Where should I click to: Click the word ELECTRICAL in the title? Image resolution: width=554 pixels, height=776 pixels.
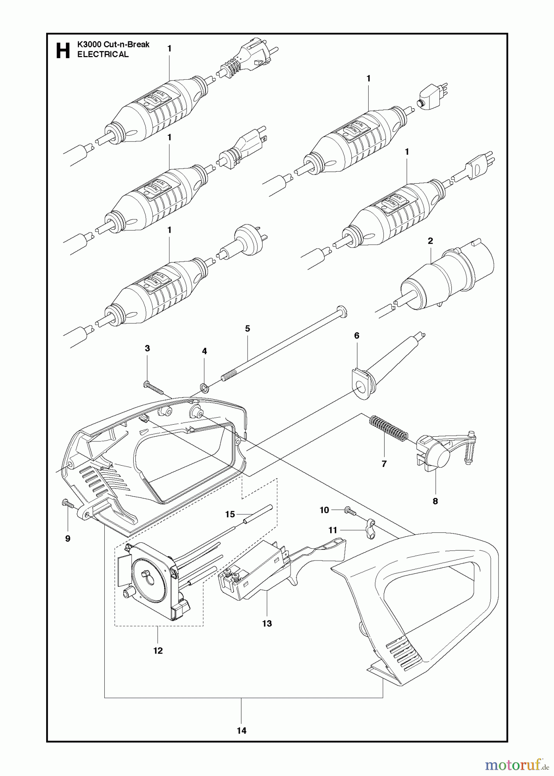[x=103, y=54]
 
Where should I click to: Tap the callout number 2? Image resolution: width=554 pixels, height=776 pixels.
[x=430, y=241]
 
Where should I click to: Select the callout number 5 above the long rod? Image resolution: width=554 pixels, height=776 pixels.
[x=247, y=329]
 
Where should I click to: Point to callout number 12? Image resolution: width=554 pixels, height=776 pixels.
[x=158, y=651]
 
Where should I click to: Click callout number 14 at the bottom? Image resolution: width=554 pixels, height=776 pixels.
[x=241, y=730]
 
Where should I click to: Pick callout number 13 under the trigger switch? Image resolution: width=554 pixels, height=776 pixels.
[x=267, y=623]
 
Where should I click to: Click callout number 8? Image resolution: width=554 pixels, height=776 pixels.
[x=435, y=501]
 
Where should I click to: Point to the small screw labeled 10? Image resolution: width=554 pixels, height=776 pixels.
[x=349, y=512]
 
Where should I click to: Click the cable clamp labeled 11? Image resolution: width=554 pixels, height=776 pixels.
[x=369, y=529]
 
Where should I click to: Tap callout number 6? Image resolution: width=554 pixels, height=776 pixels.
[x=357, y=335]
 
